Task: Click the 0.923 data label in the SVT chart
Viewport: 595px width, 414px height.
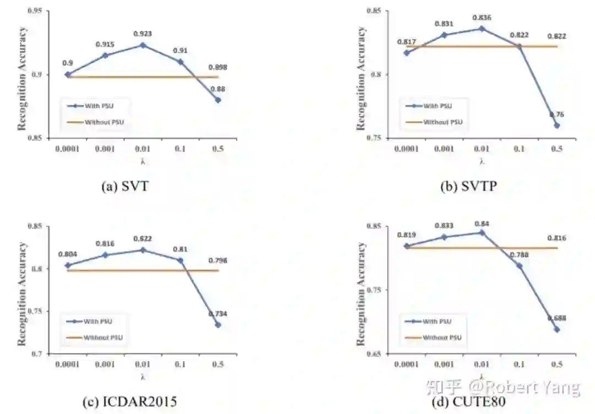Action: pos(142,34)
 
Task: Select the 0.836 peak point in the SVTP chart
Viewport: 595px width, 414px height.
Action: pos(482,28)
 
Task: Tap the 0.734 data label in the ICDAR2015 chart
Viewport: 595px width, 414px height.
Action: pos(218,314)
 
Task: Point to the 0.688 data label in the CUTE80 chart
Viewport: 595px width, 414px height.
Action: pos(557,318)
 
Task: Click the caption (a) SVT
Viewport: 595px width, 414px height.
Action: pos(125,187)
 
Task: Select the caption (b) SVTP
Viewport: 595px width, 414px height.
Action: pos(468,187)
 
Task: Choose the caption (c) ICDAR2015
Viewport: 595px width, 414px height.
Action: pos(129,402)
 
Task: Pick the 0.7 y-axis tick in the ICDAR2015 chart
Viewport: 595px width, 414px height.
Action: pos(40,354)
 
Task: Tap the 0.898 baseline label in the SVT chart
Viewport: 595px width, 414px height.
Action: pos(218,68)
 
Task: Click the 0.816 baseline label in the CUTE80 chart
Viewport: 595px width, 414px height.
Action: pos(557,238)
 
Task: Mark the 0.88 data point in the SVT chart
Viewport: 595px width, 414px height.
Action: pos(218,100)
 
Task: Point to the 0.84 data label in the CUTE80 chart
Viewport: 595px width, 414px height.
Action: pos(482,224)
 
